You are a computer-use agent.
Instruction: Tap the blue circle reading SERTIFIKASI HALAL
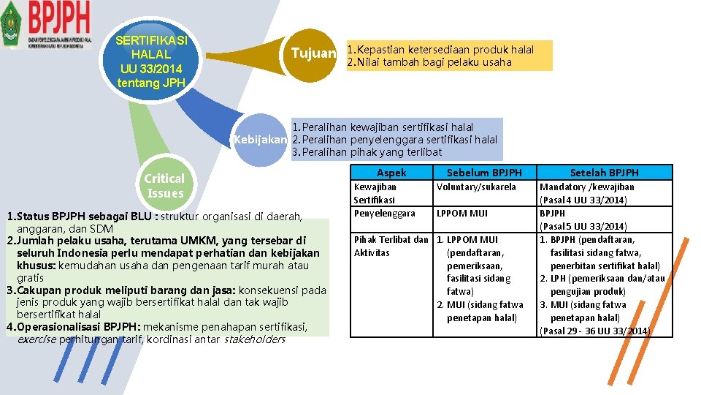[153, 61]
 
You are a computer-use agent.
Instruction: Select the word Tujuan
[314, 53]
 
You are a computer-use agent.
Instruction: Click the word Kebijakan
[259, 139]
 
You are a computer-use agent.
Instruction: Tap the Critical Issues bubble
[164, 186]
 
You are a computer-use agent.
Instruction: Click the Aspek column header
[391, 173]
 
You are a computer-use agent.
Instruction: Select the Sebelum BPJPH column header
[484, 173]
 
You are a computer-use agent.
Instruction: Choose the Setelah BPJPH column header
[604, 173]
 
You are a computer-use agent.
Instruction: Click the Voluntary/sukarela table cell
[476, 187]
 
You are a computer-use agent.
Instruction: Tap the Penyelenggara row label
[384, 213]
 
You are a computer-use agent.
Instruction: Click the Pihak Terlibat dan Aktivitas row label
[390, 246]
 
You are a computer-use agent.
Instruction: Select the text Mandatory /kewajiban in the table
[586, 187]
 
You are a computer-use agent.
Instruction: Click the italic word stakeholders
[254, 339]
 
